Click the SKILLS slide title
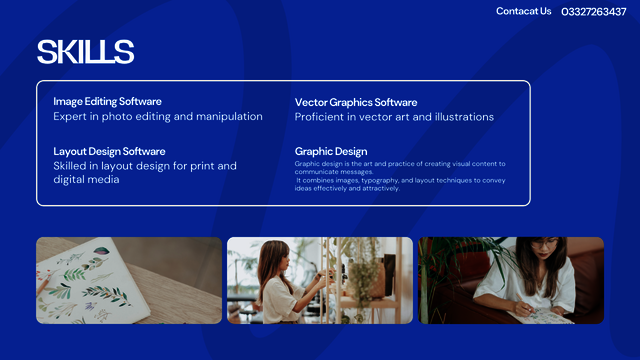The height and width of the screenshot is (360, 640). [85, 52]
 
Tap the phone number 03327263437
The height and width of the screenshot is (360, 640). [594, 12]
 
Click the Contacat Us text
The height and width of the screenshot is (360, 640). [523, 12]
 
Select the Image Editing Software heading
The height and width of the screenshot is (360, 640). [107, 101]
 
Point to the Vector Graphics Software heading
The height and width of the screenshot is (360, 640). [356, 102]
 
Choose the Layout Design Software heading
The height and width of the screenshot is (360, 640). [109, 151]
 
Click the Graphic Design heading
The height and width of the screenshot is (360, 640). [331, 151]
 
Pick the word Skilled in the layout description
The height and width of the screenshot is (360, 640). [71, 166]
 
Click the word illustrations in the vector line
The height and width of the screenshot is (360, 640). [461, 117]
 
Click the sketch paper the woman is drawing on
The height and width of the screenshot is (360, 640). [540, 315]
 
